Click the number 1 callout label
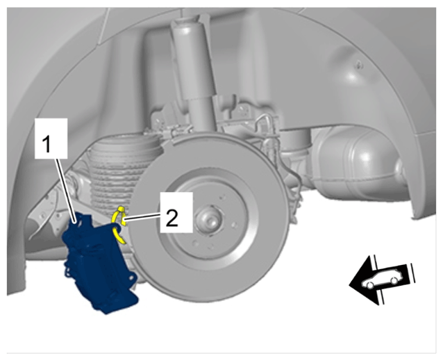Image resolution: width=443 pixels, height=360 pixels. [51, 138]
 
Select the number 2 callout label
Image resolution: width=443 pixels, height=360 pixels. [176, 212]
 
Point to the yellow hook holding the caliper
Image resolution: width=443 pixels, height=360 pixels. [118, 224]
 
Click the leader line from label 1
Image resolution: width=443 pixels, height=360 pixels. [66, 191]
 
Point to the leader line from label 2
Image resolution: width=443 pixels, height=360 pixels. [142, 216]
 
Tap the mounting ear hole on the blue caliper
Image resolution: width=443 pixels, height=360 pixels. [131, 278]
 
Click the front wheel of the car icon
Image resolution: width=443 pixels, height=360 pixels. [369, 284]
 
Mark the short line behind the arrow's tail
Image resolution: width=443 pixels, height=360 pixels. [412, 273]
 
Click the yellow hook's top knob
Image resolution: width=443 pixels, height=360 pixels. [121, 209]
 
